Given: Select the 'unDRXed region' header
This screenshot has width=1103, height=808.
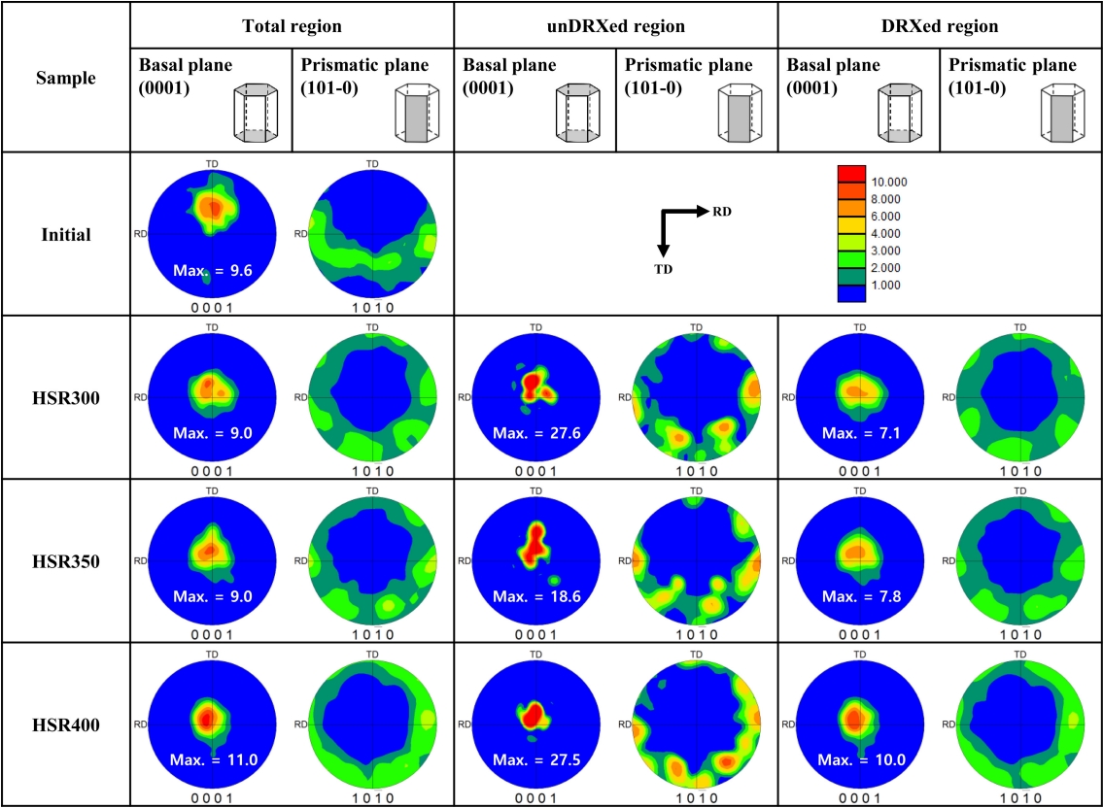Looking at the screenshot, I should [x=615, y=26].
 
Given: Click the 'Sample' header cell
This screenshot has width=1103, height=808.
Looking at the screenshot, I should [x=65, y=78].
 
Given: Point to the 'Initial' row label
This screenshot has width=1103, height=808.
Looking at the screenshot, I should [x=65, y=234].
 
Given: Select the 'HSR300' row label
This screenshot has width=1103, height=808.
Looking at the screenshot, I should [x=65, y=396].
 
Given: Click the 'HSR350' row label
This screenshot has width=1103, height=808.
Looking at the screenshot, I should [x=65, y=558].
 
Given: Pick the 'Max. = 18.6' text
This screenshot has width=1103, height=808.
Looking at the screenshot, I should [x=534, y=596].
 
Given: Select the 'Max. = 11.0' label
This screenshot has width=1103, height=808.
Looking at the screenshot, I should [x=211, y=758].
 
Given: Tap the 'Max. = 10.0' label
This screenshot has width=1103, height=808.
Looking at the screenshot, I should [x=858, y=758].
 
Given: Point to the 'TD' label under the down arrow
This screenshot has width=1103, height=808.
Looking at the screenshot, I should [x=664, y=270].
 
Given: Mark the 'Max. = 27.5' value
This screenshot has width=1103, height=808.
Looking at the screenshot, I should [x=534, y=758].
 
